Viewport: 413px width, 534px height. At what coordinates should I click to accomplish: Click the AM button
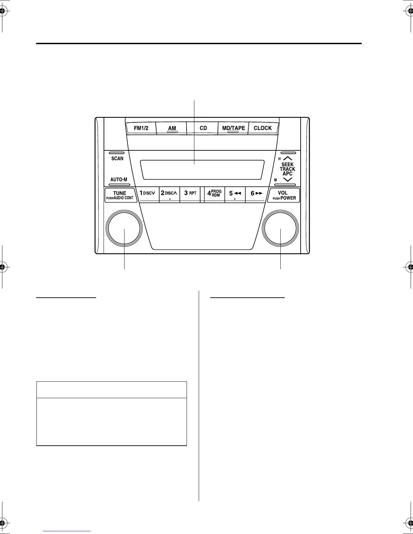(x=172, y=128)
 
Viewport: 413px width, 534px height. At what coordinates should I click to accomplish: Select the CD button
(x=203, y=128)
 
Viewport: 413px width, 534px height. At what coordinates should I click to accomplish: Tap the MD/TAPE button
(x=233, y=128)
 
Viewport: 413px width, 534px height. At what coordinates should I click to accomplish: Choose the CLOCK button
(x=263, y=128)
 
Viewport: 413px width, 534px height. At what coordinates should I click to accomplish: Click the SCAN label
(x=117, y=158)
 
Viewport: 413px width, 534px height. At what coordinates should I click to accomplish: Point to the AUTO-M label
(x=119, y=179)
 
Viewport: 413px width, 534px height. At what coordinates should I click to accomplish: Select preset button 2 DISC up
(x=169, y=194)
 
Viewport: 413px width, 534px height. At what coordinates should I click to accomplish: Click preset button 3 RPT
(x=190, y=194)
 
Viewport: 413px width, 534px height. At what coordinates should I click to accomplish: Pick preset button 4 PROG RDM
(x=214, y=194)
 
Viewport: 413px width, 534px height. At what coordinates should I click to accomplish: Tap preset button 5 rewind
(x=235, y=194)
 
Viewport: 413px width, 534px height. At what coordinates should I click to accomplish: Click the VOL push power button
(x=284, y=195)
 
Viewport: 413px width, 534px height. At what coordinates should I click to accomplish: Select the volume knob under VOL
(x=281, y=229)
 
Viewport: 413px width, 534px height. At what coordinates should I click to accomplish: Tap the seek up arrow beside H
(x=287, y=158)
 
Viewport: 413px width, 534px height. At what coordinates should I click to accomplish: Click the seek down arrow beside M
(x=287, y=180)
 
